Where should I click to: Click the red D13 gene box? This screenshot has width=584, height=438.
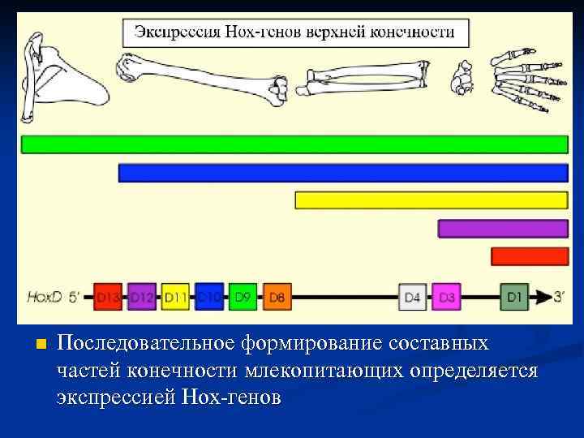108,297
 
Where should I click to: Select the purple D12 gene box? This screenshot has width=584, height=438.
141,297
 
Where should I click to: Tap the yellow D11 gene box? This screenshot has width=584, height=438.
175,297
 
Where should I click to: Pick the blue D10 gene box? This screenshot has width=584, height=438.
208,297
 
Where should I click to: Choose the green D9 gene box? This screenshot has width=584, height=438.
243,297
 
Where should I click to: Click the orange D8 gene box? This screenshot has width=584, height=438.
277,297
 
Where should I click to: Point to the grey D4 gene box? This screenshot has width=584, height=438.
413,297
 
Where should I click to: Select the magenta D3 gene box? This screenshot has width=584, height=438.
447,297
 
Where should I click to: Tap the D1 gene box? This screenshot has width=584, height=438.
514,297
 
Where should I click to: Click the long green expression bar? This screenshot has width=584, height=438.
294,144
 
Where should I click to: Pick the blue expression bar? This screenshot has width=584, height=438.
343,173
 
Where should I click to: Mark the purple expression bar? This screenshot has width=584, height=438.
503,229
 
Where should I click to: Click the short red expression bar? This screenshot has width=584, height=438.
530,256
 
